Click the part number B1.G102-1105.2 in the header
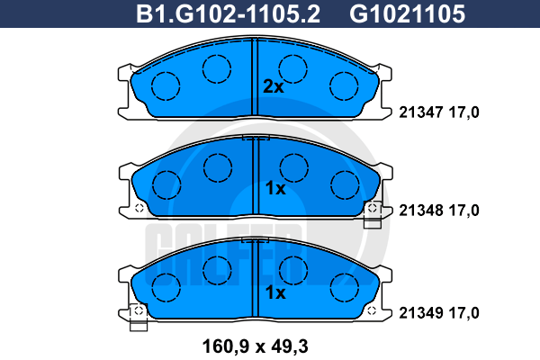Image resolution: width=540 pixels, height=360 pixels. point(228,13)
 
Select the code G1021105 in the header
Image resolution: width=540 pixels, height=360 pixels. point(407,13)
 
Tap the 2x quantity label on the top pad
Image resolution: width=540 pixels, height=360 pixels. point(274,86)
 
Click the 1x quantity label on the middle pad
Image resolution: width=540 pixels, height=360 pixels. point(275,188)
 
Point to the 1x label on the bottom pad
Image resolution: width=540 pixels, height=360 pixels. point(275,292)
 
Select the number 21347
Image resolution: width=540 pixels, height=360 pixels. point(421,112)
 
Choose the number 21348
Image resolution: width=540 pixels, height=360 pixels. point(421,210)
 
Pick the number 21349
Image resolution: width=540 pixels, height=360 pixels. point(421,313)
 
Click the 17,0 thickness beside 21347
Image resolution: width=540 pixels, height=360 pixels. point(463,112)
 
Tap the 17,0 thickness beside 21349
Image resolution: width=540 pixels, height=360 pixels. point(463,313)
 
